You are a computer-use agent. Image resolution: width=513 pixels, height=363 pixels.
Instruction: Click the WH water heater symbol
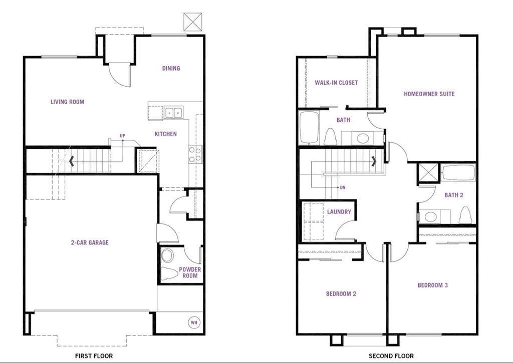pos(194,322)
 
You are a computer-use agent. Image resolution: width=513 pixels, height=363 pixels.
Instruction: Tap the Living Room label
pos(67,102)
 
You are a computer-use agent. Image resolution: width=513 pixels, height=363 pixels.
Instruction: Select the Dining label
pos(171,68)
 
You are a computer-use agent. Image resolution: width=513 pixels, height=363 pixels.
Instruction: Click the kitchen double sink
pos(174,113)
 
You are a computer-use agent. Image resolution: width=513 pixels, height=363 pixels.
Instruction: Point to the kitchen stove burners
pos(195,154)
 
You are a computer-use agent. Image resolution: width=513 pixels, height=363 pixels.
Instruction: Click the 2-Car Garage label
pos(89,243)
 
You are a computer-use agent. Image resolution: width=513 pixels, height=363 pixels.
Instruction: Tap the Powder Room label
pos(190,273)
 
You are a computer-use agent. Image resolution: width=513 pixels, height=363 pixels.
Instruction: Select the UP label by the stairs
pos(122,136)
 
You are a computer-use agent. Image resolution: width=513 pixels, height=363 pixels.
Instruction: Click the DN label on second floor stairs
pos(343,188)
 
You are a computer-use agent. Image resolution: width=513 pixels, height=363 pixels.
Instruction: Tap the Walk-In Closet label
pos(336,83)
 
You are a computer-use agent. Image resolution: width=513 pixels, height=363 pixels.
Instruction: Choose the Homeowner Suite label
pos(429,94)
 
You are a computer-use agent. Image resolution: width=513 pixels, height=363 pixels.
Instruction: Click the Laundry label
pos(339,212)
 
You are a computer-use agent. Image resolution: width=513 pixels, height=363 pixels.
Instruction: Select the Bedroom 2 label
pos(341,294)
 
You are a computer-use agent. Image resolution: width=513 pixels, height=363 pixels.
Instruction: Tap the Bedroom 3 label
pos(432,285)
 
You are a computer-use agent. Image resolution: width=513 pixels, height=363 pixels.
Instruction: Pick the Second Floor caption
pos(391,356)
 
